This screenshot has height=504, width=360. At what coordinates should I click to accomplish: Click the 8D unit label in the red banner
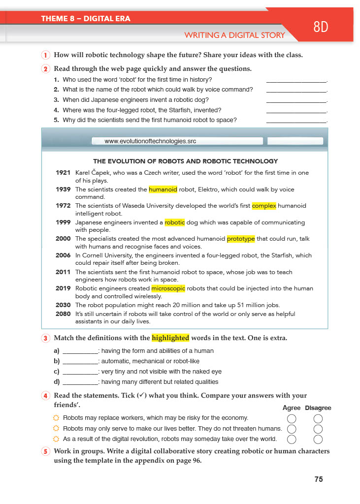(321, 27)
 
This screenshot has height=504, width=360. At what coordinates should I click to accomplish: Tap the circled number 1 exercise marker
(45, 55)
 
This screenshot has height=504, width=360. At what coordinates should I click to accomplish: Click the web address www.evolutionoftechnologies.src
(151, 141)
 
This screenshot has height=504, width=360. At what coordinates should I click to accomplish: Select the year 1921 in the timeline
(63, 173)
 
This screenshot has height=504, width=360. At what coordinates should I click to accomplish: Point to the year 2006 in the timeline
(63, 255)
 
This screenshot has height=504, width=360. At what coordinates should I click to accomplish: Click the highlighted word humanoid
(163, 189)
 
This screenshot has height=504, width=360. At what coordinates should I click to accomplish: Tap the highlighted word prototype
(241, 239)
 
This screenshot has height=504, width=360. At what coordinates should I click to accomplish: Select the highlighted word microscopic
(168, 289)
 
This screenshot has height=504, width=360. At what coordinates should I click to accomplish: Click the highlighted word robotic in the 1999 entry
(175, 222)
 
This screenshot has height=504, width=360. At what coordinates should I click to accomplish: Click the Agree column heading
(292, 408)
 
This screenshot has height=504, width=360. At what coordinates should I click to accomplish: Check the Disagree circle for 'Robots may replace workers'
(318, 419)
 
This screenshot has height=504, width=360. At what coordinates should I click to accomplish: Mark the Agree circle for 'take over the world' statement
(292, 439)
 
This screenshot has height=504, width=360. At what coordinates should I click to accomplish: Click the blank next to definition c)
(81, 372)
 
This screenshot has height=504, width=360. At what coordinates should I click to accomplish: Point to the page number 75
(319, 479)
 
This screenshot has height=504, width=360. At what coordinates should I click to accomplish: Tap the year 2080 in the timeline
(63, 314)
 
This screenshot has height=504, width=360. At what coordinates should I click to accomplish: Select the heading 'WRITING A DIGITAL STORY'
(234, 35)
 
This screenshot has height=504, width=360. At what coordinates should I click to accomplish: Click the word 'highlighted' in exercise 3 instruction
(170, 338)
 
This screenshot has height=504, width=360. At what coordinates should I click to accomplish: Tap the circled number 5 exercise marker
(45, 452)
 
